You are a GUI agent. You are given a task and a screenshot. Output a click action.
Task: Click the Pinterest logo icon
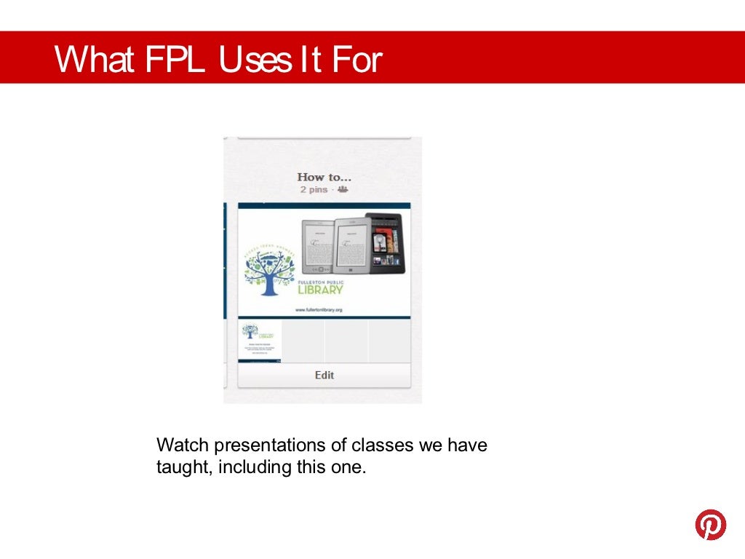coord(710,524)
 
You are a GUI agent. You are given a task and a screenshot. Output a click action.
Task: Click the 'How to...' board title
coord(324,177)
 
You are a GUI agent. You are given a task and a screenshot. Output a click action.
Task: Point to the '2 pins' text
coord(315,189)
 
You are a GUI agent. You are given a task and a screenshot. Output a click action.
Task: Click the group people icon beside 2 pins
coord(343,189)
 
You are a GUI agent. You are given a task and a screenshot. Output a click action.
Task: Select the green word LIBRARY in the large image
coord(321,290)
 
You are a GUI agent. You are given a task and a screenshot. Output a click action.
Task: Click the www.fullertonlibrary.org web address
coord(318,309)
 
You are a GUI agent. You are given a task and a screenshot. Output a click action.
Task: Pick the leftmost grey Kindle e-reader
coord(318,245)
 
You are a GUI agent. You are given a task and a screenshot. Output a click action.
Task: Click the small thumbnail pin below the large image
coord(260,341)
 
